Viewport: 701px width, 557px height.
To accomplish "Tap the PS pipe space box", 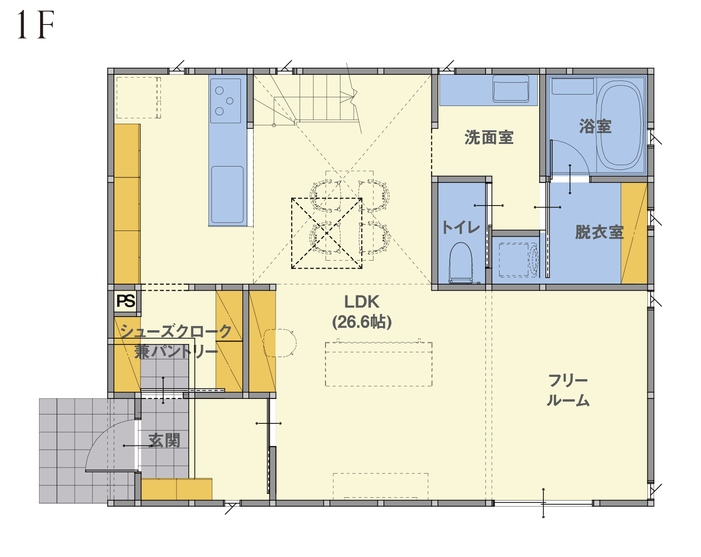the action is tap(126, 301).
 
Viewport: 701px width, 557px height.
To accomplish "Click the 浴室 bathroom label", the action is tap(595, 127).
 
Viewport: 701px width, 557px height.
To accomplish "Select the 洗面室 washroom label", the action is tap(489, 137).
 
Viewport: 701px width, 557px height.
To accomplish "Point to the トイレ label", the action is tap(461, 227).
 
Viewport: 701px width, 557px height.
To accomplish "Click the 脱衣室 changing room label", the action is tap(599, 232).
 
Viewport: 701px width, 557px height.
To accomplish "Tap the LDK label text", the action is tap(362, 302).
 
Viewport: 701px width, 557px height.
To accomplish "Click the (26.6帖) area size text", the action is tap(362, 322).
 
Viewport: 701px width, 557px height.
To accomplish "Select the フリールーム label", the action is tap(568, 390).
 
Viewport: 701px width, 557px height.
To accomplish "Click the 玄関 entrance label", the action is tap(164, 441).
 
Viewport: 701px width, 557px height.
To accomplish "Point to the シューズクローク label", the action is tap(176, 332).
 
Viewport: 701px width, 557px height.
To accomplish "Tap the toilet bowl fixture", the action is tap(461, 263).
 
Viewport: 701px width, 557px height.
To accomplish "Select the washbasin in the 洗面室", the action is tap(510, 88).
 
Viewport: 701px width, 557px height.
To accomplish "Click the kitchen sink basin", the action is tap(227, 194).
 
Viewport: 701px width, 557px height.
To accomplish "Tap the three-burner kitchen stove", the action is tap(225, 101).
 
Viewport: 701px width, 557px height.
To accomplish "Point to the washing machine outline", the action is tap(518, 260).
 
